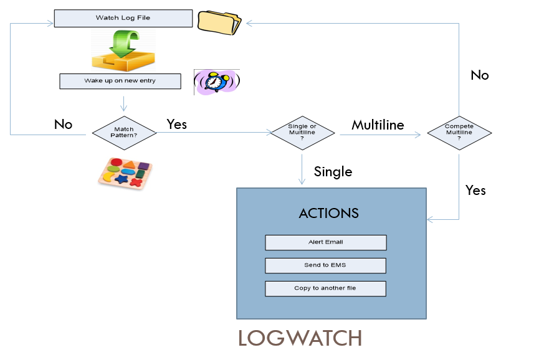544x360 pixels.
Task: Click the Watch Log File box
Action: coord(123,18)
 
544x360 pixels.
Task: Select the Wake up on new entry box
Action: coord(120,82)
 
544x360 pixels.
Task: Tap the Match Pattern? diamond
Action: coord(125,132)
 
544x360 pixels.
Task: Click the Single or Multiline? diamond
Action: coord(302,132)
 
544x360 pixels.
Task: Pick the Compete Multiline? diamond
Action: coord(459,132)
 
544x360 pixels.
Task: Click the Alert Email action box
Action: coord(325,242)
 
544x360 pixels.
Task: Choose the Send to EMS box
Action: coord(325,265)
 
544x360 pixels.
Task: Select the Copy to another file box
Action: coord(325,288)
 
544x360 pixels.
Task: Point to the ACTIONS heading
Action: coord(328,213)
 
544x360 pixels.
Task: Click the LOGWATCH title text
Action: coord(300,338)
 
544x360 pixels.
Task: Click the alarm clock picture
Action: coord(216,82)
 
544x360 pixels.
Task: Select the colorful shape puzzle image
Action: coord(125,172)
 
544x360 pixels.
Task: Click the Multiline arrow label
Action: coord(378,125)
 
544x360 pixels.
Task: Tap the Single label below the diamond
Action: coord(333,171)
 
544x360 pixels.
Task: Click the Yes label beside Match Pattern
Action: coord(176,124)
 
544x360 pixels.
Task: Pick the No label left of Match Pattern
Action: coord(63,124)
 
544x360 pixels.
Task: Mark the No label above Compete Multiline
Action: coord(479,75)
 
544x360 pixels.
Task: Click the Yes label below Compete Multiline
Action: coord(475,190)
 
